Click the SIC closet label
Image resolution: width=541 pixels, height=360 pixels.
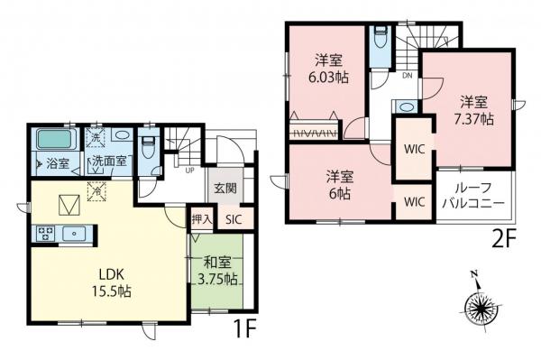234,218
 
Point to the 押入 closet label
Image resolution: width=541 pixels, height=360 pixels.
202,218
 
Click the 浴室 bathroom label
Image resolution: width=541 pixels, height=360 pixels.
57,163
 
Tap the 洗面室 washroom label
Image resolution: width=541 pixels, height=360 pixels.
112,163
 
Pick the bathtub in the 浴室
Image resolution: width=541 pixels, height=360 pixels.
56,142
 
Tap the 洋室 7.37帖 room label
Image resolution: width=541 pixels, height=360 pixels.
474,109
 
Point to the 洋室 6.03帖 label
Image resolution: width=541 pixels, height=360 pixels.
327,69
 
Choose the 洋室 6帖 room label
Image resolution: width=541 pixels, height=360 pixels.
340,185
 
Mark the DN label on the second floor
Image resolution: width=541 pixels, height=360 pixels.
408,76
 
